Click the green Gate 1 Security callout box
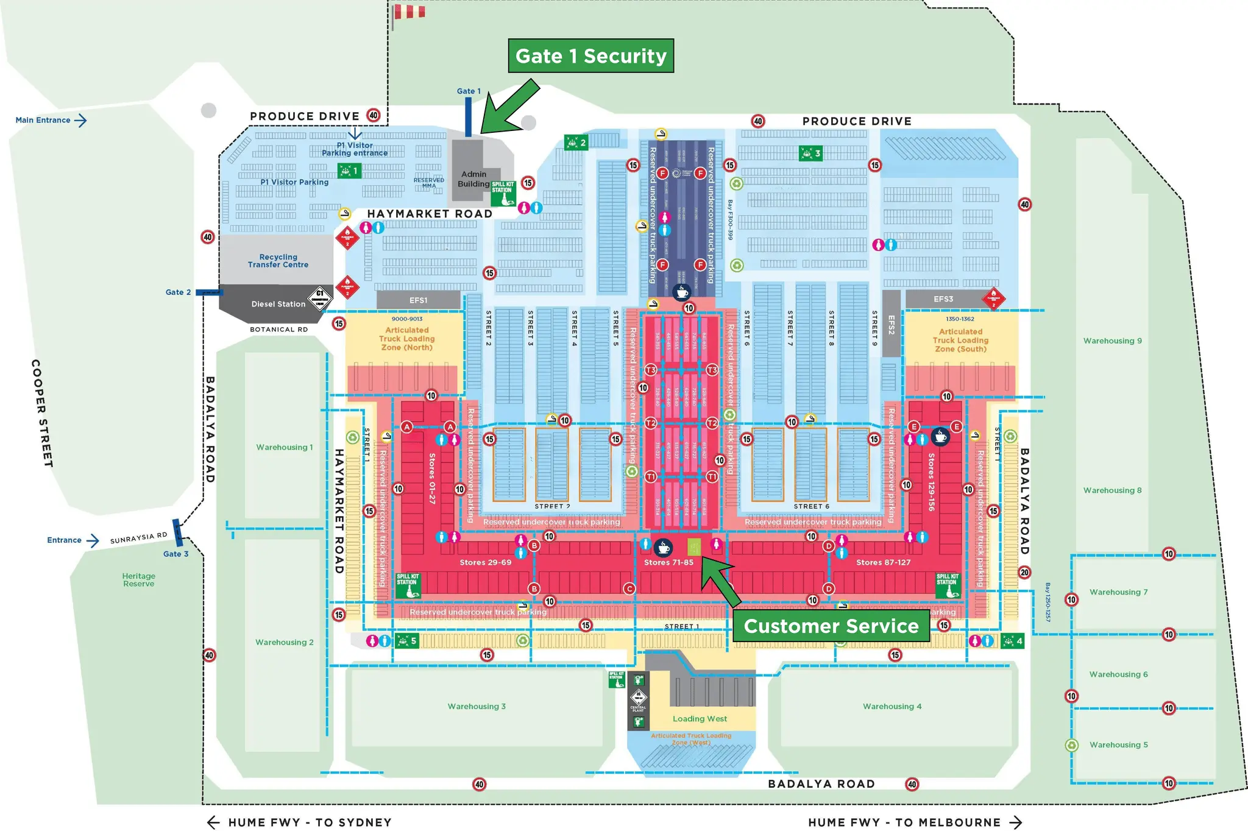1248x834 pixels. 590,56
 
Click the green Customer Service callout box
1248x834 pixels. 831,626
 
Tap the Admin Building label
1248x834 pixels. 473,179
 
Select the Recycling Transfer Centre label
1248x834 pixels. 278,261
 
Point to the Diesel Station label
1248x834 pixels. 278,304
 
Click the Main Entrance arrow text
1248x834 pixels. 51,120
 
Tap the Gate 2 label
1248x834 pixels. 178,292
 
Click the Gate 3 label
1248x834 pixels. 175,554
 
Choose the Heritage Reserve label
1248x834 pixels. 139,580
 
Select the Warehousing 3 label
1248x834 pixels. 477,707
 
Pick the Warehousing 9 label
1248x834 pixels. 1112,341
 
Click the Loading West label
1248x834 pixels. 700,719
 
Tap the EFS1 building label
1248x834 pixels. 418,300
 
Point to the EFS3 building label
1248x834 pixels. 943,299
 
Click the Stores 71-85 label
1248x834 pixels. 668,562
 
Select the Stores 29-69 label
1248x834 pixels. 485,562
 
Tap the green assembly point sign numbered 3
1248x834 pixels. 810,154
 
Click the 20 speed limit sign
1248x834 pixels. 1024,572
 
